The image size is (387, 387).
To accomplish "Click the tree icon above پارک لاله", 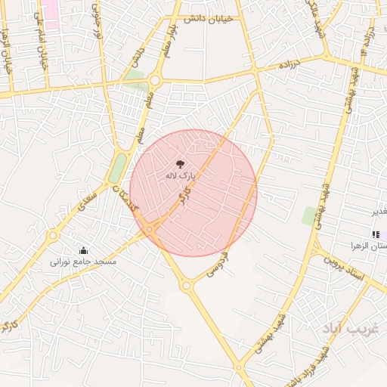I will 180,163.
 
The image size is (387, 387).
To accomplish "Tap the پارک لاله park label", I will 181,175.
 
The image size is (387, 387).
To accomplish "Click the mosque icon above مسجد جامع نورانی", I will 83,250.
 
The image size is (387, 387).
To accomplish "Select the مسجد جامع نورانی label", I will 83,262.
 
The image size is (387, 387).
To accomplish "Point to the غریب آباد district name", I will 344,329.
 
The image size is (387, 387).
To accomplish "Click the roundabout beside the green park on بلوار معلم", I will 156,79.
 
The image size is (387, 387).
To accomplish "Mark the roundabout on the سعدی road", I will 53,236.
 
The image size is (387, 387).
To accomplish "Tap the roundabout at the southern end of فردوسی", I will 186,285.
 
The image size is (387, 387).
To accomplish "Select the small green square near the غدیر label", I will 310,215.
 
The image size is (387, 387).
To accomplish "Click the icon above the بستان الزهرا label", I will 376,234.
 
